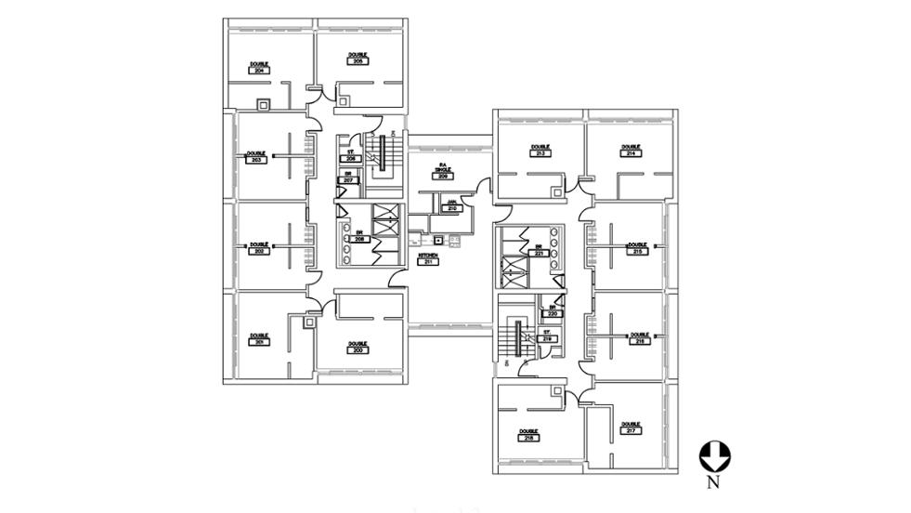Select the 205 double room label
click(x=358, y=60)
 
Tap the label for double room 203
click(x=256, y=160)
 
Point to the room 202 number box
click(x=256, y=252)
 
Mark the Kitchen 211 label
click(x=428, y=262)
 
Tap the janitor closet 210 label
click(x=452, y=208)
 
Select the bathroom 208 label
click(x=359, y=239)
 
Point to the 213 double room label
click(x=540, y=152)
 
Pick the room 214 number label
click(x=631, y=152)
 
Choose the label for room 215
click(x=637, y=251)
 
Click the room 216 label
click(x=638, y=341)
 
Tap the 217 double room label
click(x=631, y=430)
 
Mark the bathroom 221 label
click(x=538, y=252)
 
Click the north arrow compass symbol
click(x=714, y=455)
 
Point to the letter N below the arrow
click(x=713, y=482)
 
